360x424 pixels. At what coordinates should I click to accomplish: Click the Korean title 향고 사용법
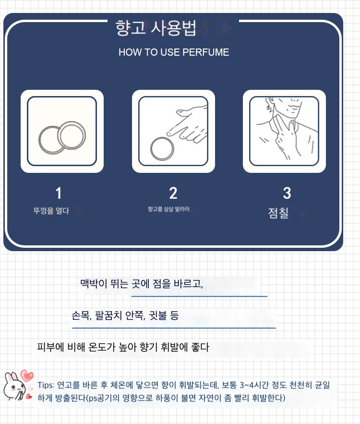[156, 27]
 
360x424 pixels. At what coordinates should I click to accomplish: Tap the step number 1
[59, 193]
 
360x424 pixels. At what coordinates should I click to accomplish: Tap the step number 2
[173, 193]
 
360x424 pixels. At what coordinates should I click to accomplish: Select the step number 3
[287, 193]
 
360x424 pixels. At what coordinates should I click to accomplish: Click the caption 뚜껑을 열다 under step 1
[51, 211]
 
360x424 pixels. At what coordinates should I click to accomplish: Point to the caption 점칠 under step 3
[278, 213]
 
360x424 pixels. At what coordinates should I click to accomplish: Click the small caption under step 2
[169, 209]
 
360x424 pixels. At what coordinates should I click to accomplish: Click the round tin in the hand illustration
[162, 149]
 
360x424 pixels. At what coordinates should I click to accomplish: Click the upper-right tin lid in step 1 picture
[72, 135]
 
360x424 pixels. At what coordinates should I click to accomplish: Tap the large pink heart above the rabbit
[27, 376]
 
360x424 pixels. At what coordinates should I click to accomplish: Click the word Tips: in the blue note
[46, 385]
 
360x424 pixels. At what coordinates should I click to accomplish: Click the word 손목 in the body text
[81, 315]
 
